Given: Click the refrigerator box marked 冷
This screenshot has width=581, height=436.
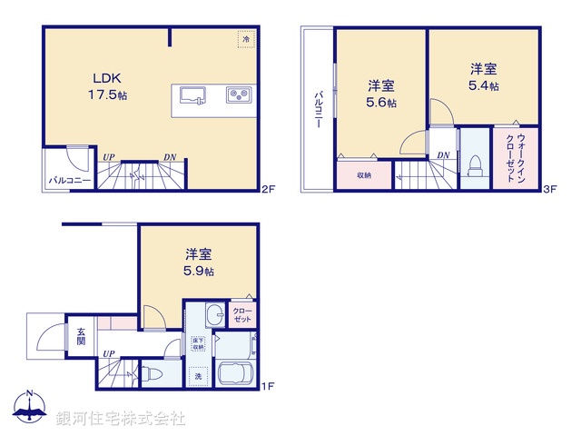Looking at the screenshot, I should click(x=246, y=39).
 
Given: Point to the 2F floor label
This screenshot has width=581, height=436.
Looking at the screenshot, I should click(x=267, y=190).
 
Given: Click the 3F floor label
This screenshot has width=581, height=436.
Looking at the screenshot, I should click(x=549, y=190).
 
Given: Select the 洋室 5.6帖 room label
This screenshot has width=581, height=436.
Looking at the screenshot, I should click(x=381, y=94).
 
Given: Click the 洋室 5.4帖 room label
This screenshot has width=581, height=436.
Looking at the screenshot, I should click(x=483, y=76).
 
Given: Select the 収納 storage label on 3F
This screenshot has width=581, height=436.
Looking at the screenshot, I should click(x=363, y=175).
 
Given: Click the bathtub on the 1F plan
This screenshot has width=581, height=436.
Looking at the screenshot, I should click(x=237, y=374).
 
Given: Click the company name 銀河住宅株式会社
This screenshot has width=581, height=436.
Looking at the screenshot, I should click(x=121, y=418).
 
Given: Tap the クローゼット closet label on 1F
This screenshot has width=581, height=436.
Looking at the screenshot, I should click(x=243, y=313).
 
